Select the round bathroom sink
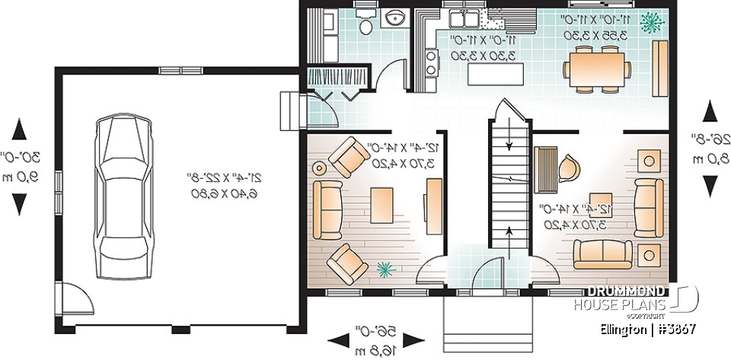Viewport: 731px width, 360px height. [397, 19]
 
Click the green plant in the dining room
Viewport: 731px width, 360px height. [650, 23]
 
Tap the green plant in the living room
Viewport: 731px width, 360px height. [385, 269]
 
